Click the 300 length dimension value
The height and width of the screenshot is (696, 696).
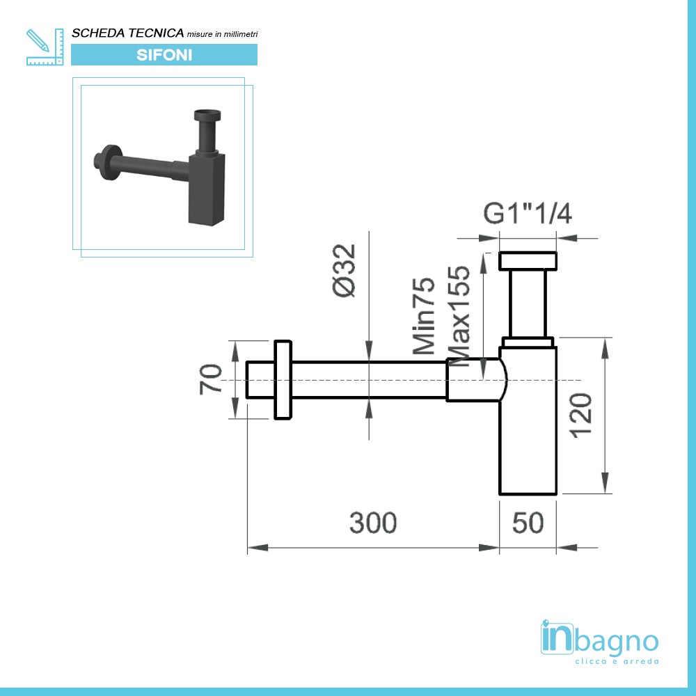373,523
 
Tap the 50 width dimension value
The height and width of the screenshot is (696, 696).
528,523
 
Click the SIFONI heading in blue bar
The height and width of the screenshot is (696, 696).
164,55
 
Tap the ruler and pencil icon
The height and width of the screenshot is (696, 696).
43,47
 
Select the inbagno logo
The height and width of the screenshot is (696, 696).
599,639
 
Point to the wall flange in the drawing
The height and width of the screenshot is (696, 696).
283,380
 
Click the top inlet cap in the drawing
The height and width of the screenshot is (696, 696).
528,261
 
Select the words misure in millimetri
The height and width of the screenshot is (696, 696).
223,34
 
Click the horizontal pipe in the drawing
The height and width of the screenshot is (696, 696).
369,380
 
